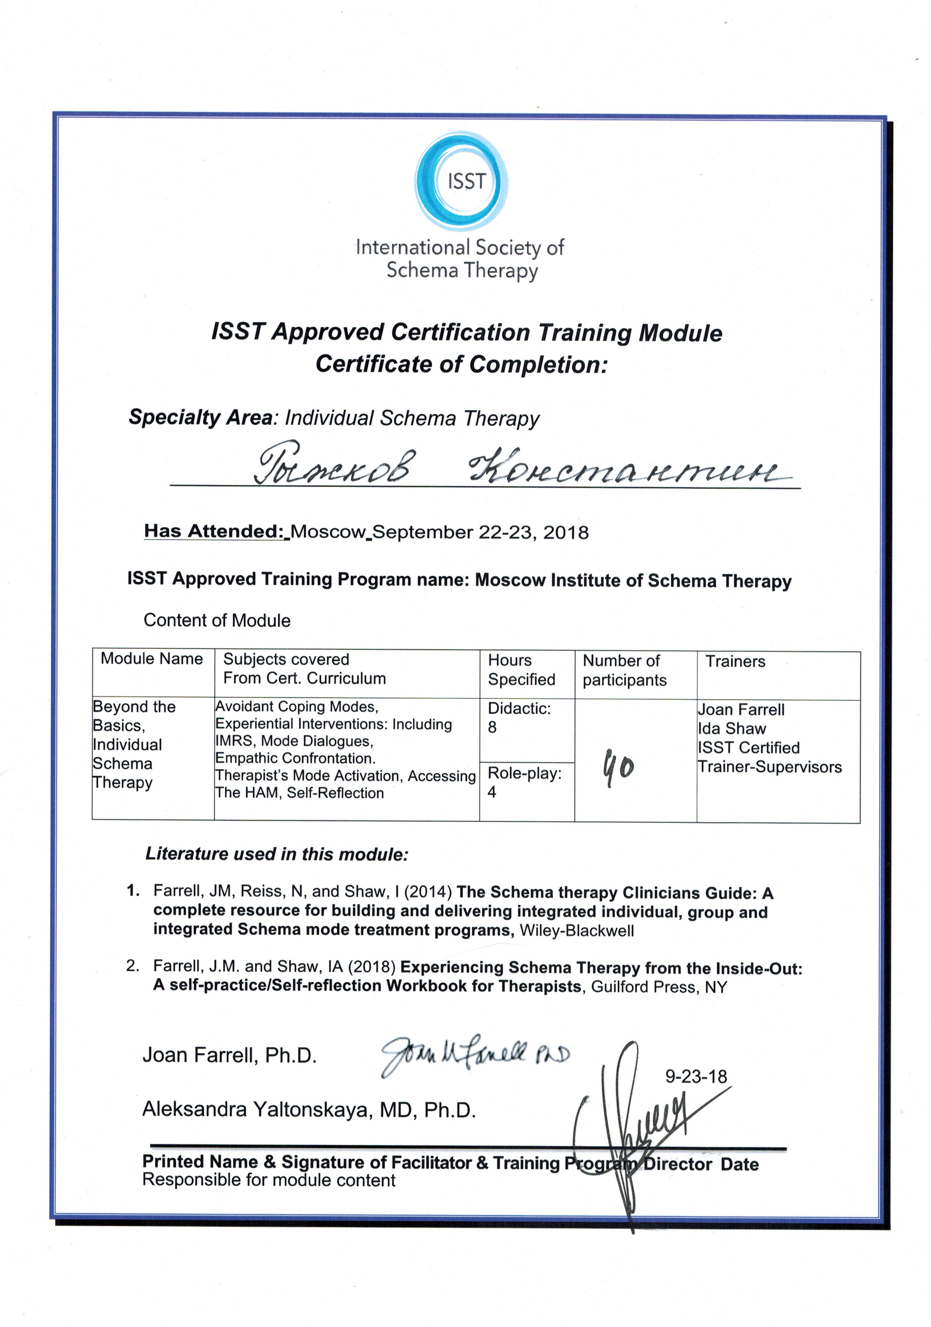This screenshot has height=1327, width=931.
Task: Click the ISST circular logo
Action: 461,181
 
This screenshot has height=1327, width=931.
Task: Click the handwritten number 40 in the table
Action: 618,767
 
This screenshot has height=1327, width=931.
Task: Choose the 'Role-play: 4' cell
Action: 524,782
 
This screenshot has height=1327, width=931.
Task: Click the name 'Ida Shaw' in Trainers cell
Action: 732,729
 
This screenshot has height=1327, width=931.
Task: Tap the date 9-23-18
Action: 696,1077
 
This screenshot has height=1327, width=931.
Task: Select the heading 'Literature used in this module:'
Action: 276,854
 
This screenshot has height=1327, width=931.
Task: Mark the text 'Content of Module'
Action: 217,621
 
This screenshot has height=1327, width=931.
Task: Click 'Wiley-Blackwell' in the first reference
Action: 577,931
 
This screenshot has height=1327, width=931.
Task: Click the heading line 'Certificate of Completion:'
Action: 461,364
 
